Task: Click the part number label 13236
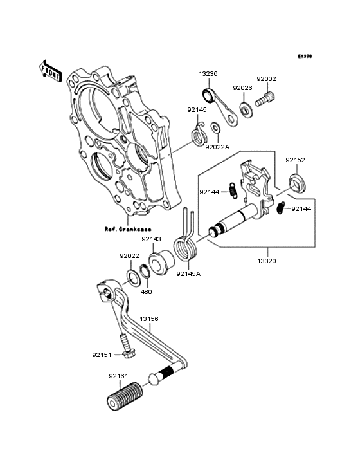coord(208,74)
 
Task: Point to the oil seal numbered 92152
coord(297,181)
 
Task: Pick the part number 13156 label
coord(149,319)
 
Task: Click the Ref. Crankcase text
coord(128,228)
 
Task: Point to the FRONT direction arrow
coord(51,70)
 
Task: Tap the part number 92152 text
coord(295,159)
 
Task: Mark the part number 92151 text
coord(102,354)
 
